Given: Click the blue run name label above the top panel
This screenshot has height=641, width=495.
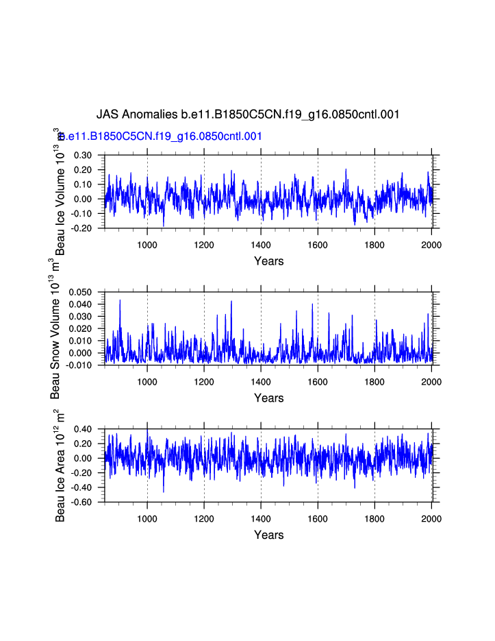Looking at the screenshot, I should (x=162, y=136).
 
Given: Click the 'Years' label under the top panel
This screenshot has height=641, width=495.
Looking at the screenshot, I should (x=268, y=261).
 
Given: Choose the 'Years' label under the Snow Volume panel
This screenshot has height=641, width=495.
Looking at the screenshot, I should (x=268, y=398).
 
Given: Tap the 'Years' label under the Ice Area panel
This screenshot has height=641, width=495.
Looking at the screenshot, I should (x=268, y=535).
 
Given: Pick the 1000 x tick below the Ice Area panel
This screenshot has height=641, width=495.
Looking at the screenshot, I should (x=147, y=519).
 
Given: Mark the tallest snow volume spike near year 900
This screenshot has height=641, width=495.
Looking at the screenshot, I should (x=120, y=300).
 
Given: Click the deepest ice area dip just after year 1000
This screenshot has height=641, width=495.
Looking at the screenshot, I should (x=164, y=491).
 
